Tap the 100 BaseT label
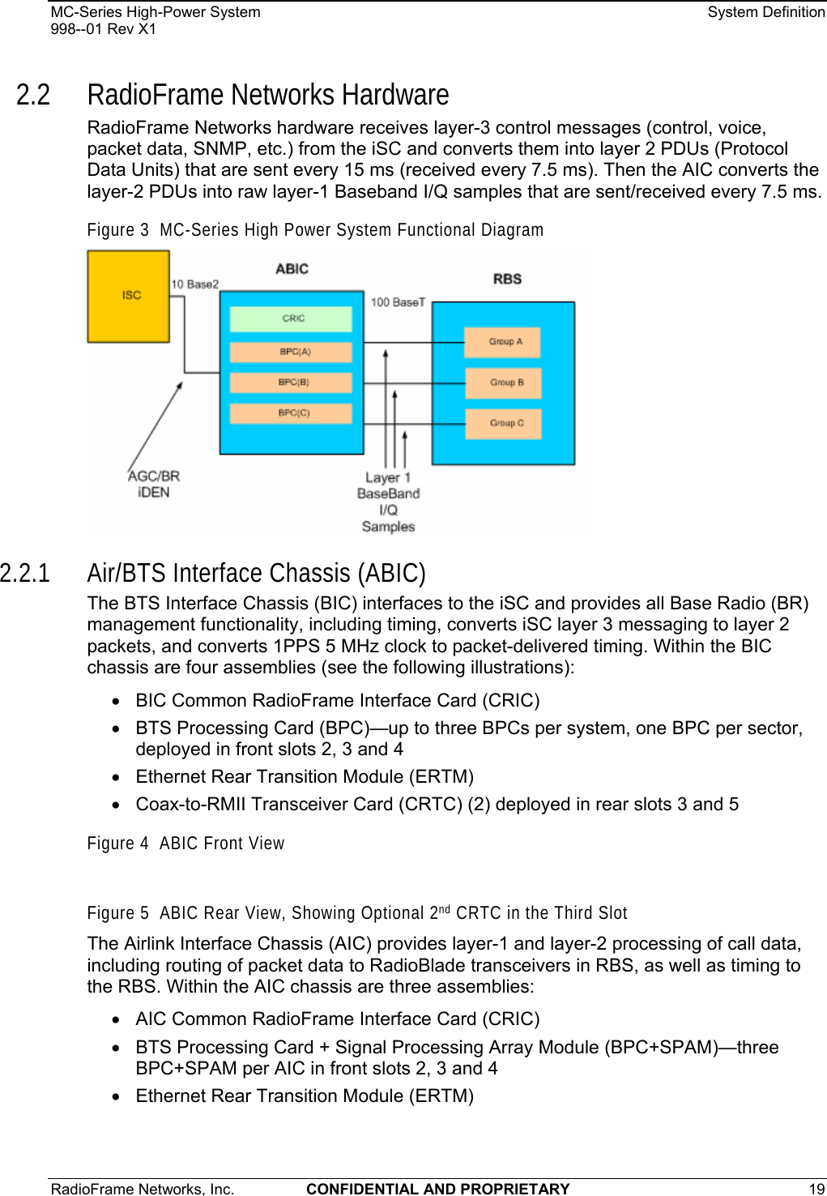[398, 302]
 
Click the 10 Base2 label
[194, 284]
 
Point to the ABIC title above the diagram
[292, 269]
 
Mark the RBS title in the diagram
[507, 279]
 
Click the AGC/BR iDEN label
[154, 484]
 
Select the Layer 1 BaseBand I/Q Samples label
[388, 502]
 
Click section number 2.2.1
[25, 573]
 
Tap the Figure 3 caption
[315, 230]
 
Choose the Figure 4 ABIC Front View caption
[185, 844]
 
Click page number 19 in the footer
[816, 1189]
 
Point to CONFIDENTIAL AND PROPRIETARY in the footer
[438, 1189]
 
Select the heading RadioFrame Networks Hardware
[268, 95]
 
